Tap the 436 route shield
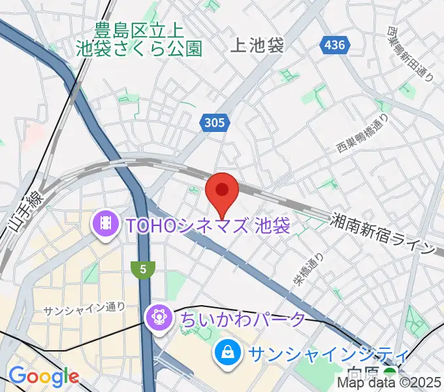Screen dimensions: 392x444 pos(333,45)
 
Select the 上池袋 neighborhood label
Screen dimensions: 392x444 pos(258,45)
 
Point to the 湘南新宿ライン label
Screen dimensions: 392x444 pos(383,233)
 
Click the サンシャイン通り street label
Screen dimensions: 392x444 pos(84,307)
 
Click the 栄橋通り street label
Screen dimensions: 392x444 pos(308,272)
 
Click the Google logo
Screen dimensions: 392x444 pos(43,376)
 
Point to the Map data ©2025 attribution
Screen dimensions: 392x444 pos(389,384)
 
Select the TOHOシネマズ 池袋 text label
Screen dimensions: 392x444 pos(208,226)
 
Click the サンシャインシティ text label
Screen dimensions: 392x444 pos(328,355)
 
